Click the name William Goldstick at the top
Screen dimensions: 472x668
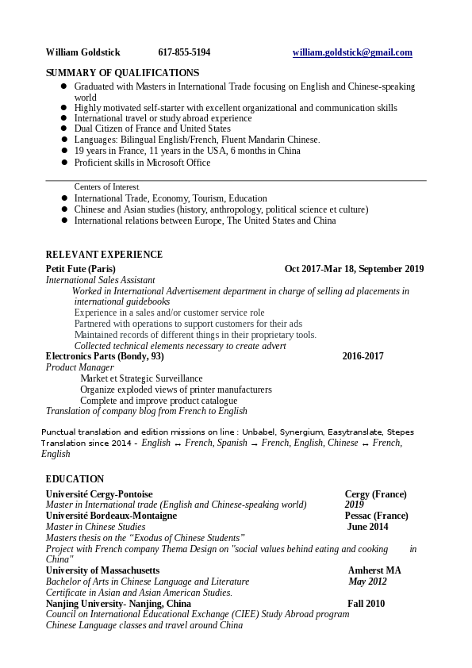[83, 52]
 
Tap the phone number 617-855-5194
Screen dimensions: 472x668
[184, 52]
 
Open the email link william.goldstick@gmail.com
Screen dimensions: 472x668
[352, 52]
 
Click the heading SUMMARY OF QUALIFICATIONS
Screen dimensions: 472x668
[122, 73]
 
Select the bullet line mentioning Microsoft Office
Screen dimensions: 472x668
[142, 163]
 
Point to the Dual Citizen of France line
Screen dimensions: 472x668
[152, 129]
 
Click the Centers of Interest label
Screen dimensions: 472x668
[106, 187]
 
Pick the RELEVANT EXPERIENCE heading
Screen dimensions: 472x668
[104, 255]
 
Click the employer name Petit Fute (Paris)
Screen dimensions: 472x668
[81, 269]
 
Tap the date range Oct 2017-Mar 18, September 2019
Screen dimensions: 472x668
[354, 269]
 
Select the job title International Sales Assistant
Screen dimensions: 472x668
[101, 280]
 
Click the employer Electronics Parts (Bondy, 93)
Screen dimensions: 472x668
[105, 356]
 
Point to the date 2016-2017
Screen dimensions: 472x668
[363, 356]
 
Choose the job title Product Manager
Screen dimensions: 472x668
[80, 367]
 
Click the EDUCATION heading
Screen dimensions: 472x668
[75, 479]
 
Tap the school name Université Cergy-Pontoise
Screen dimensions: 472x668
[99, 494]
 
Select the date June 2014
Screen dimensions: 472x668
[367, 527]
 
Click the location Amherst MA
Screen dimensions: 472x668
[374, 570]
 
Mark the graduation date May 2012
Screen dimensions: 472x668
[367, 582]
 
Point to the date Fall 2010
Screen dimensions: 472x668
[366, 604]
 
